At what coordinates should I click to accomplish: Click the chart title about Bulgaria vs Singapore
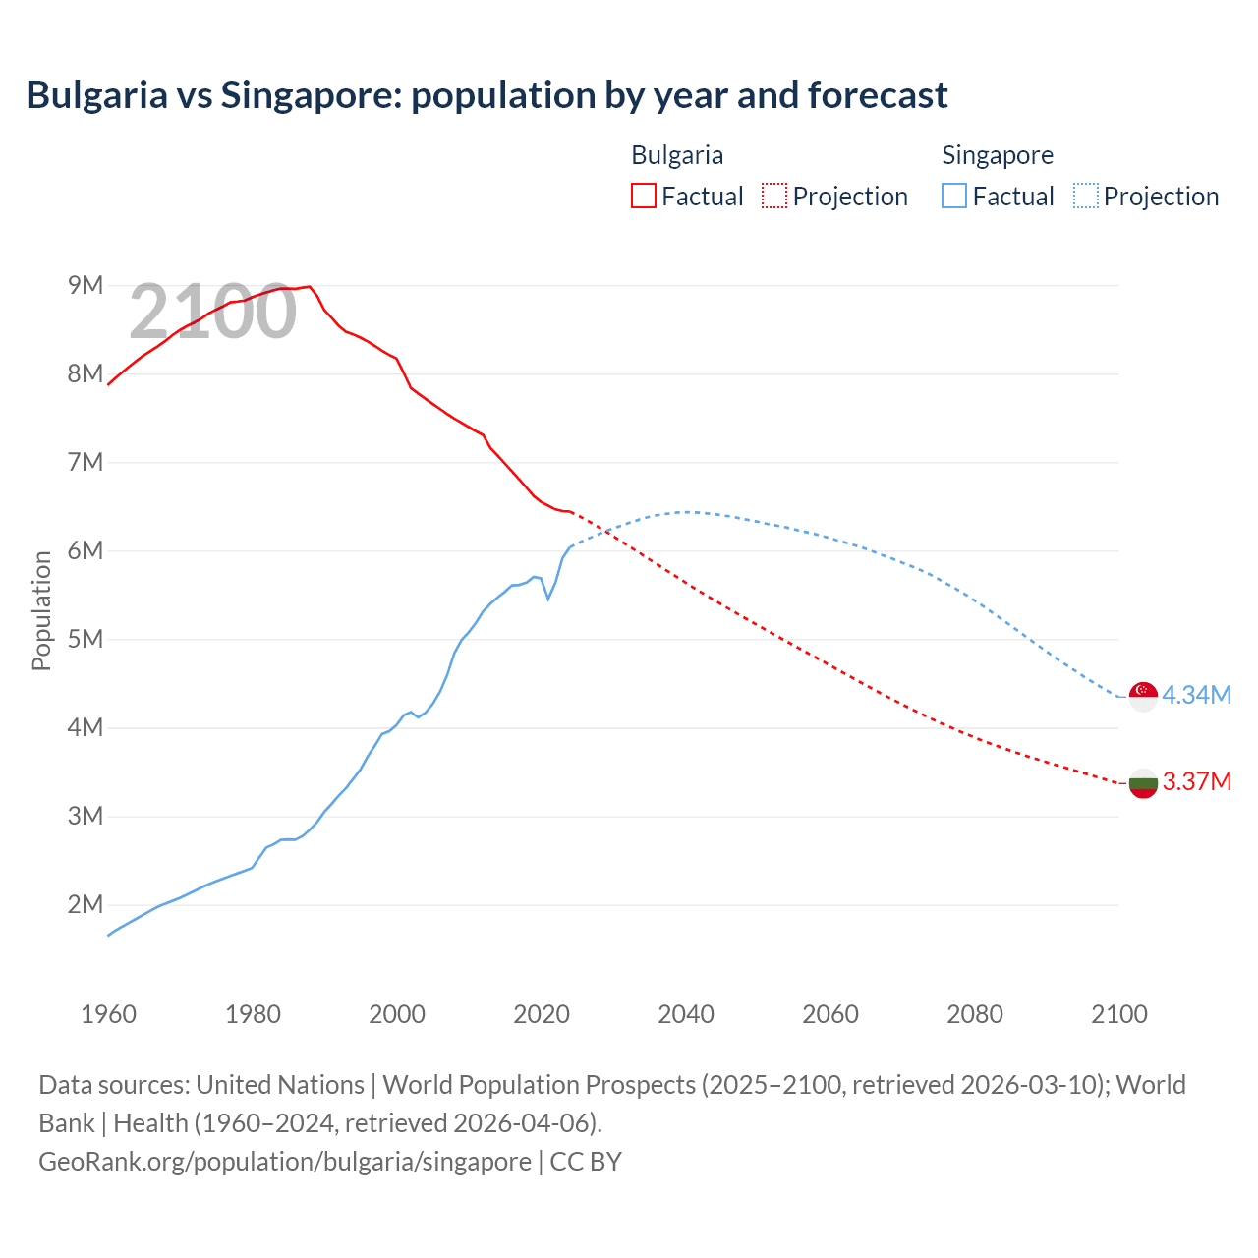[x=486, y=95]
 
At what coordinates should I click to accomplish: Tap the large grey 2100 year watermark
[x=212, y=312]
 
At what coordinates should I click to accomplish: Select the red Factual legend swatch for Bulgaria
[x=643, y=196]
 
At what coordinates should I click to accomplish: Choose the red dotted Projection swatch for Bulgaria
[x=774, y=196]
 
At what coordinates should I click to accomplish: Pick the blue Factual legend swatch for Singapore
[x=953, y=196]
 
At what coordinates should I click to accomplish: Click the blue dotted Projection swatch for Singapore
[x=1085, y=196]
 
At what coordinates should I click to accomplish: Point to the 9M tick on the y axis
[x=86, y=285]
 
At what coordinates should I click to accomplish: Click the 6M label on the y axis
[x=86, y=550]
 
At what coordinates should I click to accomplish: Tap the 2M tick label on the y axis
[x=86, y=904]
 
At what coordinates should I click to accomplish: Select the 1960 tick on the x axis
[x=108, y=1014]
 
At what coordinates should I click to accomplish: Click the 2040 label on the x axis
[x=686, y=1014]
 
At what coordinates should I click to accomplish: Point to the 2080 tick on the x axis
[x=975, y=1014]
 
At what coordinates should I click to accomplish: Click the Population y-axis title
[x=41, y=610]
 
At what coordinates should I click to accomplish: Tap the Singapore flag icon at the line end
[x=1143, y=696]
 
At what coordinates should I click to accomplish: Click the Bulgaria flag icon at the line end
[x=1143, y=783]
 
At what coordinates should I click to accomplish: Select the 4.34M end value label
[x=1196, y=696]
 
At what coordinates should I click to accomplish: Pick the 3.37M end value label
[x=1196, y=782]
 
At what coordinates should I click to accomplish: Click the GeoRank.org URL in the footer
[x=285, y=1162]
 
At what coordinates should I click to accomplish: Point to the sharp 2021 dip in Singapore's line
[x=548, y=598]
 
